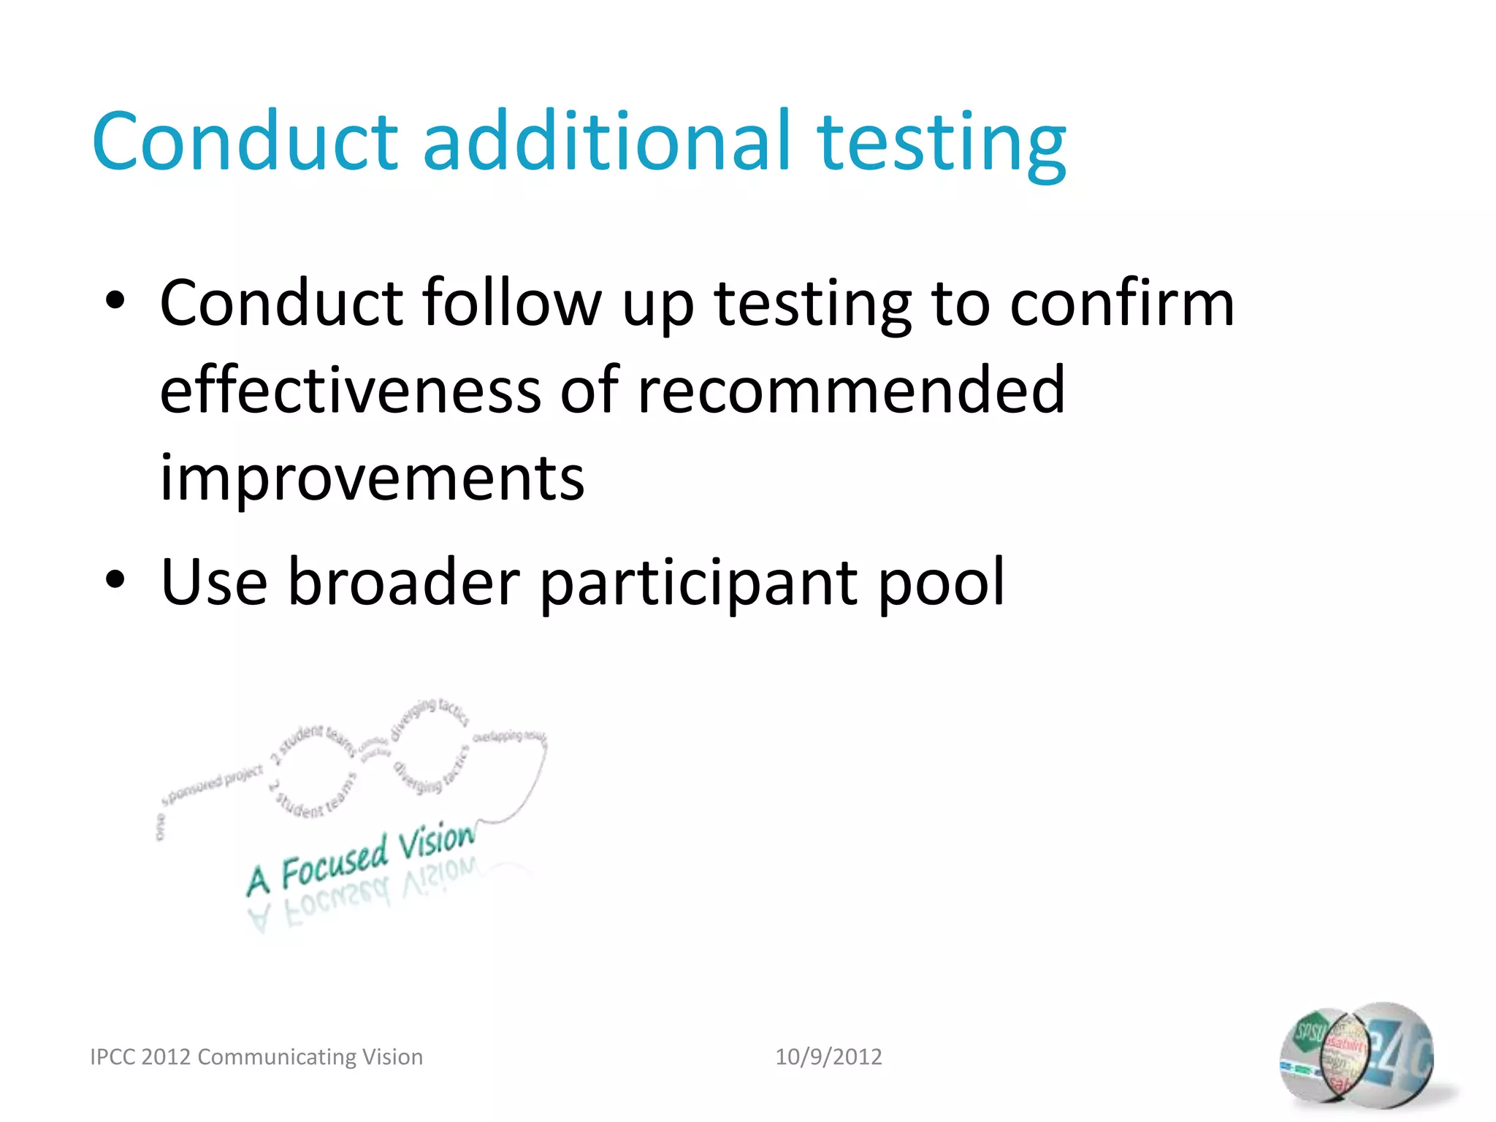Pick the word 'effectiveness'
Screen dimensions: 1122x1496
tap(351, 390)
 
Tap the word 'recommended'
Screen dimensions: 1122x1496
tap(851, 390)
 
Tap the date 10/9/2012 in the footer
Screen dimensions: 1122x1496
tap(828, 1056)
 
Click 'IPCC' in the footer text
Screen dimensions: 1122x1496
tap(113, 1057)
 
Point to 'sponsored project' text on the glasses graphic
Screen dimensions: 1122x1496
tap(212, 786)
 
